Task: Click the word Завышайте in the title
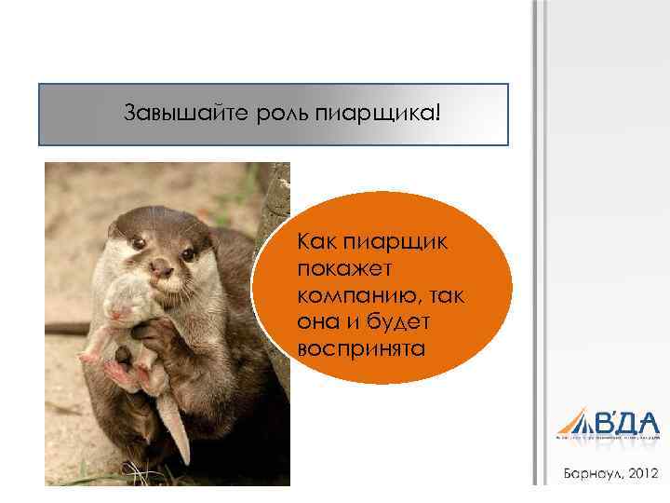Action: pos(169,114)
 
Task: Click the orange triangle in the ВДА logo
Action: pos(571,420)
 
